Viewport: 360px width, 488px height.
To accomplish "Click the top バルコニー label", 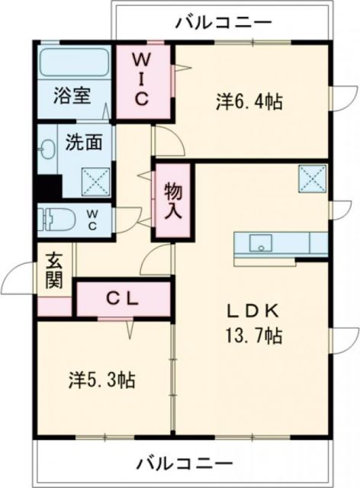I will coord(222,22).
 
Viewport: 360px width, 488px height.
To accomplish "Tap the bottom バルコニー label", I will coord(185,464).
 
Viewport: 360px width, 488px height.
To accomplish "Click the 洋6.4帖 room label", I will coord(249,101).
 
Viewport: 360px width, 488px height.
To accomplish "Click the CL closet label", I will coord(122,299).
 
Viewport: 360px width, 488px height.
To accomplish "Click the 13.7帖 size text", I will coord(249,335).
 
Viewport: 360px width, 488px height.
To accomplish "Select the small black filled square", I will coord(49,188).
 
